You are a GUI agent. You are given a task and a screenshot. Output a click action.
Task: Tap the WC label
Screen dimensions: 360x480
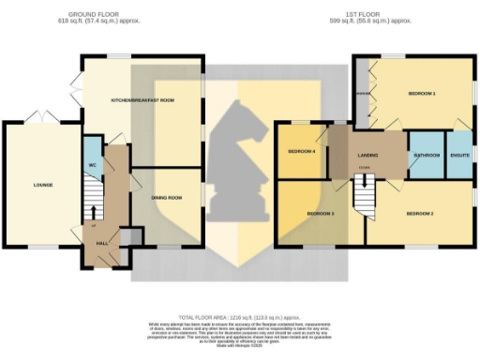click(92, 165)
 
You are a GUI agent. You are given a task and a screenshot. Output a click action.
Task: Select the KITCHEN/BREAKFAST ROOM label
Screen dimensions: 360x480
click(143, 99)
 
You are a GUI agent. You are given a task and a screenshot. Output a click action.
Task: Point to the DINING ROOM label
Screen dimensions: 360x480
click(165, 198)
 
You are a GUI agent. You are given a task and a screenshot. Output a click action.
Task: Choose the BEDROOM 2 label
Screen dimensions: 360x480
click(419, 213)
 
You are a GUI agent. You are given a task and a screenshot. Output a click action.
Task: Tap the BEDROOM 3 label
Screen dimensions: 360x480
click(320, 214)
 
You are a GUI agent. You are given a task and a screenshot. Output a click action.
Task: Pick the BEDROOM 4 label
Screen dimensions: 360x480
click(300, 151)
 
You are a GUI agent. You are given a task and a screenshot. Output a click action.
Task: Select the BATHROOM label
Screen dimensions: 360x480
click(427, 155)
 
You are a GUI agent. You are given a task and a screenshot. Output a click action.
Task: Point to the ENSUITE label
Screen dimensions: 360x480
click(459, 155)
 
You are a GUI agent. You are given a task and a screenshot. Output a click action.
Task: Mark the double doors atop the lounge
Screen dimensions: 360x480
click(41, 117)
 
